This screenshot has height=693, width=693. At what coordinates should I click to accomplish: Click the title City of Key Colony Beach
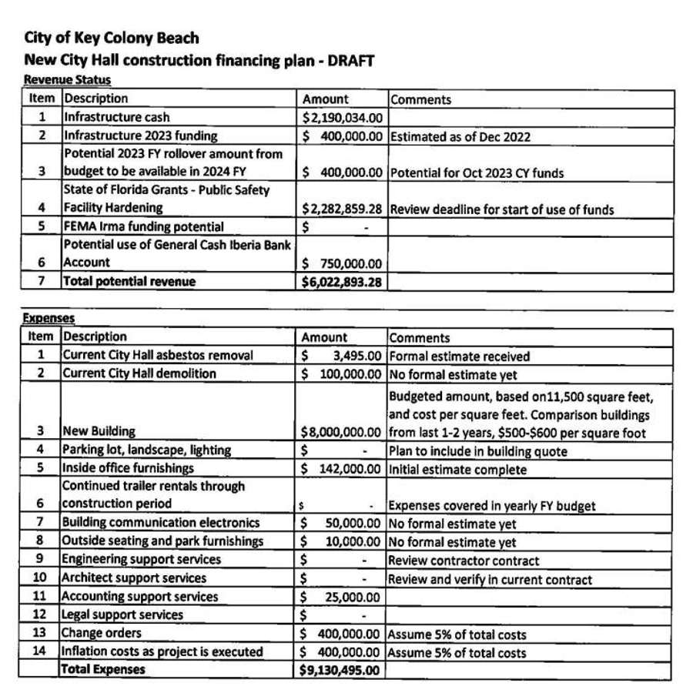pyautogui.click(x=112, y=38)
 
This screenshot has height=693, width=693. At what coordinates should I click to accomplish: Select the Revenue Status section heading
pyautogui.click(x=67, y=79)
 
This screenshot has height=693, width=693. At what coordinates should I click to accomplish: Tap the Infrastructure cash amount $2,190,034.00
pyautogui.click(x=341, y=118)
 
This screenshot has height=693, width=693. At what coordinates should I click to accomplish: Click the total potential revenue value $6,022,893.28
pyautogui.click(x=341, y=282)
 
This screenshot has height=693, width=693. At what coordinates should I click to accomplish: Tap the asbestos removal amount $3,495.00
pyautogui.click(x=341, y=356)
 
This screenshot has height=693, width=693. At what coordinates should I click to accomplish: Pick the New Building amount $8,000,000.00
pyautogui.click(x=341, y=431)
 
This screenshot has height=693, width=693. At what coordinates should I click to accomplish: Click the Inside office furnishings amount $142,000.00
pyautogui.click(x=341, y=469)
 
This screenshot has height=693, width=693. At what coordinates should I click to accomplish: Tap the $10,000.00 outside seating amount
pyautogui.click(x=341, y=542)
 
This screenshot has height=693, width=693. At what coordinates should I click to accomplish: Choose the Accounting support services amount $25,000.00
pyautogui.click(x=341, y=597)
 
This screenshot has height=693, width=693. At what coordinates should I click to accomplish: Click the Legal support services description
pyautogui.click(x=122, y=614)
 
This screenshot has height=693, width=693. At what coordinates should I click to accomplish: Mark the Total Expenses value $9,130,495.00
pyautogui.click(x=341, y=670)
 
